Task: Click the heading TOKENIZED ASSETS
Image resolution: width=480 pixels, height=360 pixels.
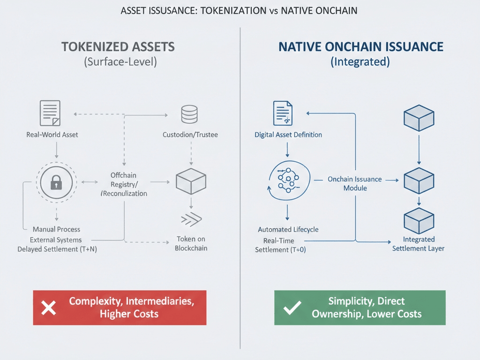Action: click(x=118, y=47)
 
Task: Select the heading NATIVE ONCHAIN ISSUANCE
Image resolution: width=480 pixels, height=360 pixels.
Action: click(x=360, y=47)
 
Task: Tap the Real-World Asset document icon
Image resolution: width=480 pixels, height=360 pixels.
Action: click(x=50, y=113)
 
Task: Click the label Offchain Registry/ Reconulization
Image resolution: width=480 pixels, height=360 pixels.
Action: click(x=124, y=184)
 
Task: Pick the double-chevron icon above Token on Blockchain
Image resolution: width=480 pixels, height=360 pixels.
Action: click(x=191, y=219)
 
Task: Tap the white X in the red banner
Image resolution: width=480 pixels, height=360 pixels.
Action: click(x=49, y=307)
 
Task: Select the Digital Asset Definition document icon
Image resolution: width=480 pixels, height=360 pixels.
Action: click(x=283, y=113)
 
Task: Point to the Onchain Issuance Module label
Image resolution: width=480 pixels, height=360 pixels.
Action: click(x=354, y=183)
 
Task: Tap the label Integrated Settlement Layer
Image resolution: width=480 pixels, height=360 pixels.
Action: click(x=418, y=244)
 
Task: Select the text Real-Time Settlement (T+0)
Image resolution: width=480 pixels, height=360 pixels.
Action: click(x=280, y=245)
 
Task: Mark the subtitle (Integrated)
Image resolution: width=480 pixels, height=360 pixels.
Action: click(x=360, y=62)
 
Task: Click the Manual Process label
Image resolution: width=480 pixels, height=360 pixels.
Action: click(x=56, y=229)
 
